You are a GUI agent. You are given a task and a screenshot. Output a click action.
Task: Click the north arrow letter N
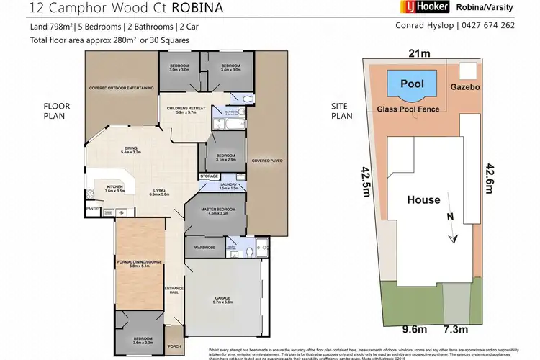pos(449,215)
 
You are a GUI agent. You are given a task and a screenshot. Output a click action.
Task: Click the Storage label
pos(210,176)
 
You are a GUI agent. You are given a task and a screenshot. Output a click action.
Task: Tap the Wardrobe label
pos(205,247)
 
